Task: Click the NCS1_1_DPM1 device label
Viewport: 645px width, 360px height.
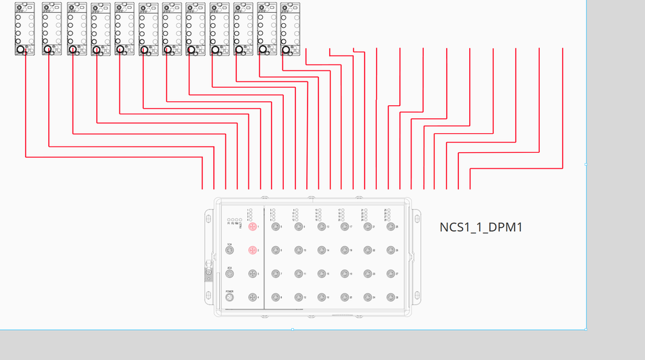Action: [481, 227]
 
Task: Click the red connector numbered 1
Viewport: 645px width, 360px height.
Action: [253, 227]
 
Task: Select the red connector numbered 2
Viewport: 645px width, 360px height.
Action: [253, 251]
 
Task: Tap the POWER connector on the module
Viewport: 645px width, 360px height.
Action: [229, 298]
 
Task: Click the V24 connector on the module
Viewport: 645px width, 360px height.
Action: [229, 251]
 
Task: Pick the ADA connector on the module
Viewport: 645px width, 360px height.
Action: [229, 274]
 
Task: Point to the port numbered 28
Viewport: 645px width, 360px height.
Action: [390, 298]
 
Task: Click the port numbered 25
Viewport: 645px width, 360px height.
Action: [390, 227]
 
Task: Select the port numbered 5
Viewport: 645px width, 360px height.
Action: [276, 227]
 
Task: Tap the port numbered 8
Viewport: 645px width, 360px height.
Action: [276, 298]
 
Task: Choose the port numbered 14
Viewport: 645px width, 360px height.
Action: [322, 251]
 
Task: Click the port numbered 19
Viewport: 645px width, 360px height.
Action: [345, 274]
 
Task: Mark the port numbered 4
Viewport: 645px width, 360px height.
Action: [253, 298]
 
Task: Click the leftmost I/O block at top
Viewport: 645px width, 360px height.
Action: [24, 28]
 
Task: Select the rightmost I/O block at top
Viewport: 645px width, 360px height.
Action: [290, 28]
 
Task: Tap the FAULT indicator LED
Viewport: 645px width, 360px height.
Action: [241, 220]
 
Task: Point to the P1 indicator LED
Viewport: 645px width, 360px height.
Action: [229, 220]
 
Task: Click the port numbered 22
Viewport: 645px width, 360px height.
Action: [367, 251]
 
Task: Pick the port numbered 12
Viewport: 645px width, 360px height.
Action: [299, 298]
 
